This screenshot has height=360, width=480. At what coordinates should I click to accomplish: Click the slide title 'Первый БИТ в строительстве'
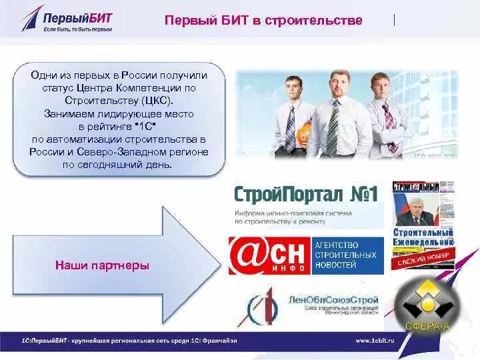click(x=263, y=20)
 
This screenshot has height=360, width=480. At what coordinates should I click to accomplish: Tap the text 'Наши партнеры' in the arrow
click(x=102, y=266)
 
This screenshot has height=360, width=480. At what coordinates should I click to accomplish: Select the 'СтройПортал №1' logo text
click(x=306, y=195)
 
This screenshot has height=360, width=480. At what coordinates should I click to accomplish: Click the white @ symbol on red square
click(x=247, y=254)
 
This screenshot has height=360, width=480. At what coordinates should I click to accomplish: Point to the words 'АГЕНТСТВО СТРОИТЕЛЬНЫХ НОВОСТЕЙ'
click(x=345, y=255)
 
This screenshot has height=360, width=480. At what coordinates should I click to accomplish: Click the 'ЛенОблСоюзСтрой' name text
click(x=333, y=300)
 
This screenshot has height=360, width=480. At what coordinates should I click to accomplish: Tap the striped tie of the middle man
click(x=332, y=127)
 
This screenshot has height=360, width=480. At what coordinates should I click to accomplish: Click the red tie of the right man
click(x=389, y=123)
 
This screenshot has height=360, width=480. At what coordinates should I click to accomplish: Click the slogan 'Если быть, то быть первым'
click(x=77, y=29)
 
